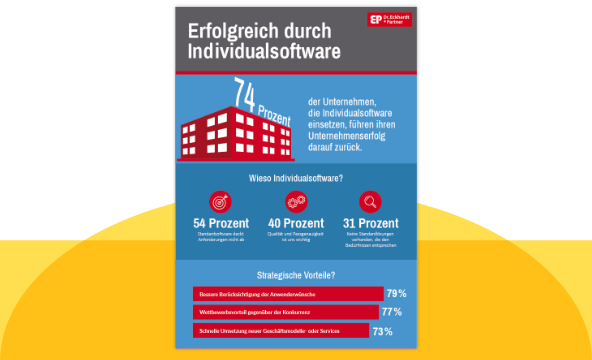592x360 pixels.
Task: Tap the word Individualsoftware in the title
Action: [x=263, y=50]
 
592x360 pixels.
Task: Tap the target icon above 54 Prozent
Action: [x=220, y=202]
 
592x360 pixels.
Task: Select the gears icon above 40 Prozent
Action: [x=295, y=202]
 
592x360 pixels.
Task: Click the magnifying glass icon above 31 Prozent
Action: [x=370, y=202]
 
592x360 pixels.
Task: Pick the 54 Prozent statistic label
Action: [x=220, y=223]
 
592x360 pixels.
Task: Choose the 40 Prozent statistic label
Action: [x=295, y=223]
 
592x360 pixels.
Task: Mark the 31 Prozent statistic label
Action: [x=370, y=223]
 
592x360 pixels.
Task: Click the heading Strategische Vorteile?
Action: [x=295, y=274]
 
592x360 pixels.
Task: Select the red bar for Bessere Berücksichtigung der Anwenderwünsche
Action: [x=287, y=294]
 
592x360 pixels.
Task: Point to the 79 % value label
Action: [x=396, y=294]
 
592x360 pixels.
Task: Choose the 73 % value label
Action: [x=382, y=330]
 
